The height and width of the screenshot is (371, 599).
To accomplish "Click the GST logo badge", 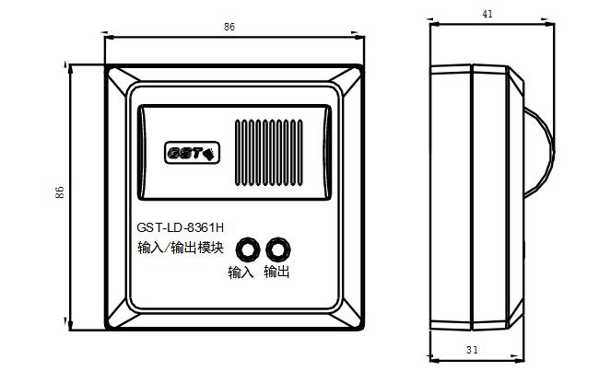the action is coord(192,153).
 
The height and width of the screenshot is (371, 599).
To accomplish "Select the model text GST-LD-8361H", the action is coord(181,228).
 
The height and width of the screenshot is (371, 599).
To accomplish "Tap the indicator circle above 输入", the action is coord(248,250).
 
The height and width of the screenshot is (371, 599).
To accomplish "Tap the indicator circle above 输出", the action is coord(277,250).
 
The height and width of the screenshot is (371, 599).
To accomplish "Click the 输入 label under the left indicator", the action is coord(241,272).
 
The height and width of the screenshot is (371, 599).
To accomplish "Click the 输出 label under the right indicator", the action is coord(276,272).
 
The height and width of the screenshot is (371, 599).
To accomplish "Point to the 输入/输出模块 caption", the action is coord(181,248).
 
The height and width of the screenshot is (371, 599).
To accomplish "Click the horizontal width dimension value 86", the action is coord(229,27).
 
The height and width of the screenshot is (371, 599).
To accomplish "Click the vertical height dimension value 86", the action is coord(59,192).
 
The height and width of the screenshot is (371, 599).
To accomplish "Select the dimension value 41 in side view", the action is coord(487,14).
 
